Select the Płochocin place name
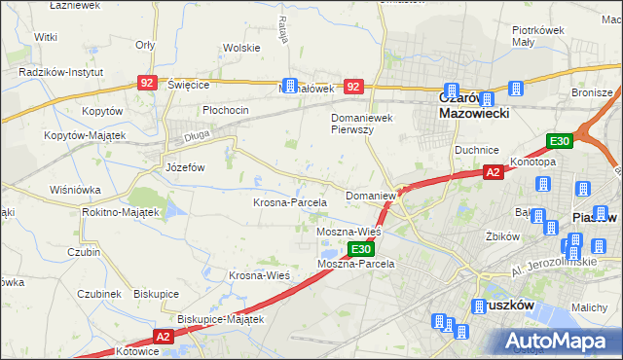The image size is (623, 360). pyautogui.click(x=226, y=110)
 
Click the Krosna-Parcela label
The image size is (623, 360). pyautogui.click(x=289, y=202)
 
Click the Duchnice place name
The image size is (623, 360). pyautogui.click(x=477, y=151)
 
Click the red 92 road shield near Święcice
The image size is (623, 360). pyautogui.click(x=147, y=84)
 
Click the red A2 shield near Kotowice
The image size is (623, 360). pyautogui.click(x=162, y=337)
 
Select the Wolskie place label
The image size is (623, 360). pyautogui.click(x=240, y=48)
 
